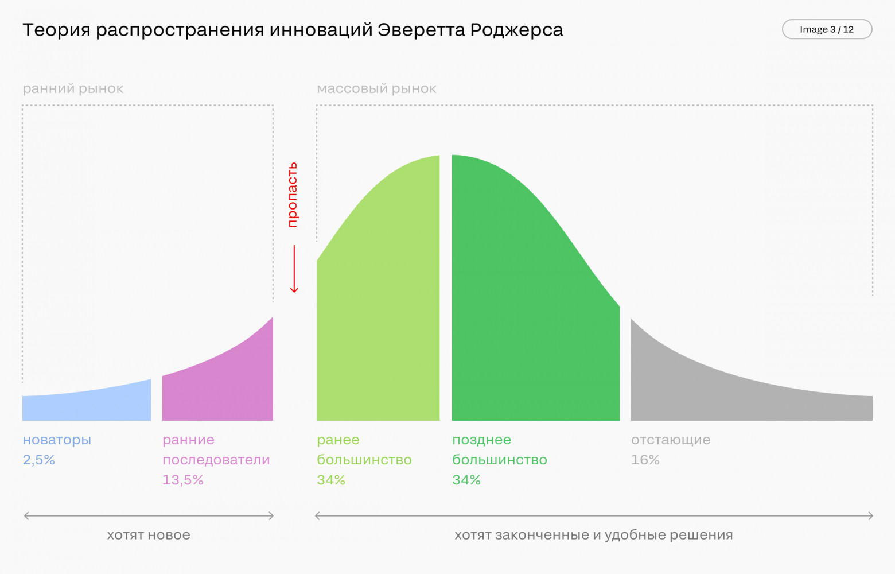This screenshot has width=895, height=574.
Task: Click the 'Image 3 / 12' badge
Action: click(827, 29)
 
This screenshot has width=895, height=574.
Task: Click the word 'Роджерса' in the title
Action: click(516, 30)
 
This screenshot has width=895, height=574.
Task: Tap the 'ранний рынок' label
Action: click(73, 88)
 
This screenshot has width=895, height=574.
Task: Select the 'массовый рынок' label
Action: click(376, 88)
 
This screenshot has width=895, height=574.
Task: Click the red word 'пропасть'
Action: click(293, 195)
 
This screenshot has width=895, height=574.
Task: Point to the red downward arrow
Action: click(294, 269)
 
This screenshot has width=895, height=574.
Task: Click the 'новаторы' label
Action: click(57, 440)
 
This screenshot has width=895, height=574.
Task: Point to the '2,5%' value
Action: click(38, 460)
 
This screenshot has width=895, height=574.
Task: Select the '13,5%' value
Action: click(182, 480)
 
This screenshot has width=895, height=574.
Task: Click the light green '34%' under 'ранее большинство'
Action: click(331, 480)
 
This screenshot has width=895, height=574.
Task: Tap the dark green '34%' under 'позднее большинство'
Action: click(466, 480)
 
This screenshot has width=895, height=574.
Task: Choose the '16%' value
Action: click(645, 460)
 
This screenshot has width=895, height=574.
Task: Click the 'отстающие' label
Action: click(671, 440)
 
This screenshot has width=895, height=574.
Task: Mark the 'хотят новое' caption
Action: click(149, 535)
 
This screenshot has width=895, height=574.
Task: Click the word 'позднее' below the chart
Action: click(481, 440)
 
